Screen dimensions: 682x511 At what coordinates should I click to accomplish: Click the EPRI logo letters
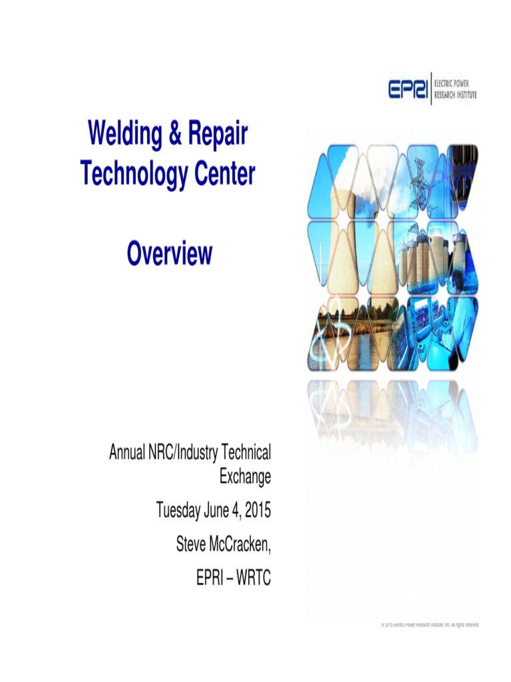click(x=409, y=89)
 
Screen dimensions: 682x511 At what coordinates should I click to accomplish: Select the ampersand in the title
click(x=175, y=135)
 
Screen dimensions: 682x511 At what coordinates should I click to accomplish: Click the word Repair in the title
click(x=217, y=135)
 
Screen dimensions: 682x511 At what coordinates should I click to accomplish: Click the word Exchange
click(x=245, y=477)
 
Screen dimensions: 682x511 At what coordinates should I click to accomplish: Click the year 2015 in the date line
click(x=257, y=511)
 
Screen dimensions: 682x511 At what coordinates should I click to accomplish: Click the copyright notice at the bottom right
click(x=429, y=625)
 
